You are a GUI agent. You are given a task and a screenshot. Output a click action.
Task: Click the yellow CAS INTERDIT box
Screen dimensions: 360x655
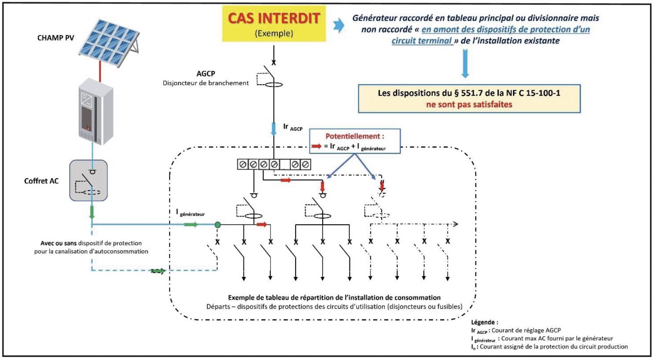click(x=273, y=23)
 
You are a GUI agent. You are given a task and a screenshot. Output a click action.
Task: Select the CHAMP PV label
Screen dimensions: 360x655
click(x=56, y=38)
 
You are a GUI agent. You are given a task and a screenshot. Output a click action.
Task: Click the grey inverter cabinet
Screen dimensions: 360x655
click(x=96, y=111)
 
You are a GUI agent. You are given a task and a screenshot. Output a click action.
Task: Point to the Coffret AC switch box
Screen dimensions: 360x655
click(x=88, y=180)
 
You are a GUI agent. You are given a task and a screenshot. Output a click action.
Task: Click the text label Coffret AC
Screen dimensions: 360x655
click(x=41, y=181)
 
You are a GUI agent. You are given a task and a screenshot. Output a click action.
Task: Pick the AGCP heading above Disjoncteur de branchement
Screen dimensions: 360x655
click(x=206, y=74)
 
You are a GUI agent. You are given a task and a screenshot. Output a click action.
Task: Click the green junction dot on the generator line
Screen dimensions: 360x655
click(x=218, y=225)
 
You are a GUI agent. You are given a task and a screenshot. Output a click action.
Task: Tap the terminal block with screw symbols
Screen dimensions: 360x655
click(x=274, y=164)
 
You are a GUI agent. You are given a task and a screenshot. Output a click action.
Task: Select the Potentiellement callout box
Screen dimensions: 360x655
click(x=355, y=141)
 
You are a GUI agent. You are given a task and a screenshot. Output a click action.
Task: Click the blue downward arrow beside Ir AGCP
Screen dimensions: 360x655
click(x=273, y=128)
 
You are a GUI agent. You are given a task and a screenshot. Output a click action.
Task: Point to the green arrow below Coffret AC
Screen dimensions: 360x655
click(x=92, y=212)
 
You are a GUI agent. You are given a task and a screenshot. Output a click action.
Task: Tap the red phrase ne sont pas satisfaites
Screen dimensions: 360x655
click(x=469, y=105)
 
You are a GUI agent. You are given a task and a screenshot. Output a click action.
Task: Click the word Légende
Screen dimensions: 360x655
click(x=484, y=322)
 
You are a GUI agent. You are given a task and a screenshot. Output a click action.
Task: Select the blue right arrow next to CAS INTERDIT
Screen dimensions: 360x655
click(x=339, y=25)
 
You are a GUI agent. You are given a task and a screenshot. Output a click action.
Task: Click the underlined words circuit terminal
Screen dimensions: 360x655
click(x=422, y=41)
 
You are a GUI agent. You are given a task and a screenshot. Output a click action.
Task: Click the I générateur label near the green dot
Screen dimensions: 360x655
click(x=190, y=213)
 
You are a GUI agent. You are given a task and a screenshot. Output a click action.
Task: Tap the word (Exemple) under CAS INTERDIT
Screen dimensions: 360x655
click(x=274, y=34)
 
